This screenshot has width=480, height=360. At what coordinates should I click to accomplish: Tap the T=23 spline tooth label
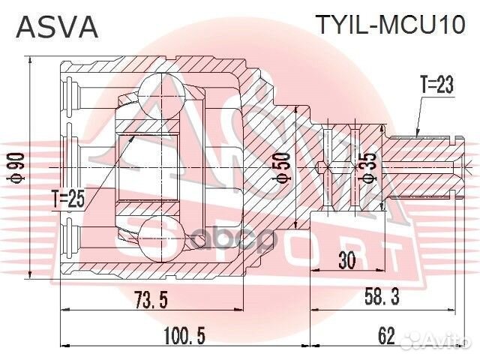pyautogui.click(x=436, y=85)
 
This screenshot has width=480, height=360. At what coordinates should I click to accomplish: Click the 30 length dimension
pyautogui.click(x=346, y=259)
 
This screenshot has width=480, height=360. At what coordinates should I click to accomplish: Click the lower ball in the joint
pyautogui.click(x=155, y=235)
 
